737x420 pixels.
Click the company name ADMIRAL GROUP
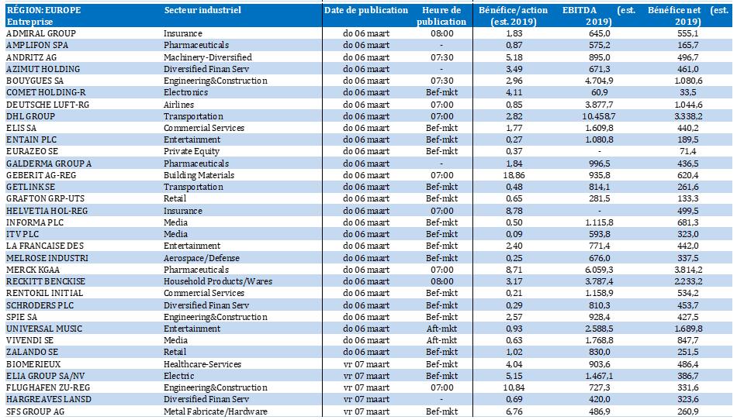pos(41,33)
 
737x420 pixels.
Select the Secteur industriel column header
pos(202,10)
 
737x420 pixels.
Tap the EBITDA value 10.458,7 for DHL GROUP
pos(599,116)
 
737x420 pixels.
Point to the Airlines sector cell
pos(178,104)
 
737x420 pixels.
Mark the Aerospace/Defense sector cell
pos(202,258)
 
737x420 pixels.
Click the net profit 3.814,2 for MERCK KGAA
pos(687,270)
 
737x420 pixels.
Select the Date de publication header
pos(366,10)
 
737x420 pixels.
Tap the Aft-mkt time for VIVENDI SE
pos(442,340)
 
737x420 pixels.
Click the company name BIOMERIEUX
pos(33,364)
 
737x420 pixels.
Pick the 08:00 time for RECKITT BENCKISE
pos(442,281)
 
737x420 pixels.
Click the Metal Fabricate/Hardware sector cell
pos(215,411)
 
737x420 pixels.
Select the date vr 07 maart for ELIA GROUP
pos(366,376)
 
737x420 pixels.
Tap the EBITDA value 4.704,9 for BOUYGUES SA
pos(599,81)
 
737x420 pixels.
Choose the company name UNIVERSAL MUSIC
pos(44,329)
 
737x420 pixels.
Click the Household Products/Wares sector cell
pos(218,281)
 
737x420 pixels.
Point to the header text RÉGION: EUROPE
pos(43,10)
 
